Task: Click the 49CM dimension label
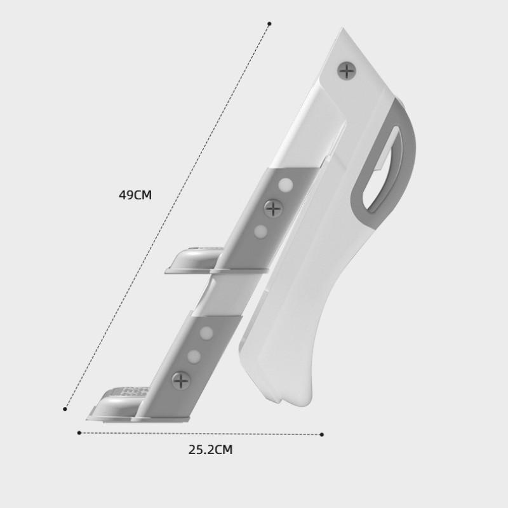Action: pyautogui.click(x=135, y=195)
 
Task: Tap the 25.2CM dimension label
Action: pyautogui.click(x=210, y=450)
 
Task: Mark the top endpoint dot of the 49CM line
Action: pyautogui.click(x=269, y=24)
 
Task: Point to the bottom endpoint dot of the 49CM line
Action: pyautogui.click(x=65, y=409)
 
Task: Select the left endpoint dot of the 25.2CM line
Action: pyautogui.click(x=79, y=433)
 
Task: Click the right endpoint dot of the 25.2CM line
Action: pyautogui.click(x=322, y=435)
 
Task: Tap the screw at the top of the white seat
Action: pyautogui.click(x=346, y=70)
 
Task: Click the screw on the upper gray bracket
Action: pyautogui.click(x=273, y=208)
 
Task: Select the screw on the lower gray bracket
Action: pyautogui.click(x=182, y=381)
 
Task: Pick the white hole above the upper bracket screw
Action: pyautogui.click(x=286, y=185)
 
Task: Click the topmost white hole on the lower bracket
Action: pyautogui.click(x=206, y=332)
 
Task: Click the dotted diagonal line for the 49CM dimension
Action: pyautogui.click(x=166, y=217)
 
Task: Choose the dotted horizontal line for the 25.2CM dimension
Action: pyautogui.click(x=200, y=434)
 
